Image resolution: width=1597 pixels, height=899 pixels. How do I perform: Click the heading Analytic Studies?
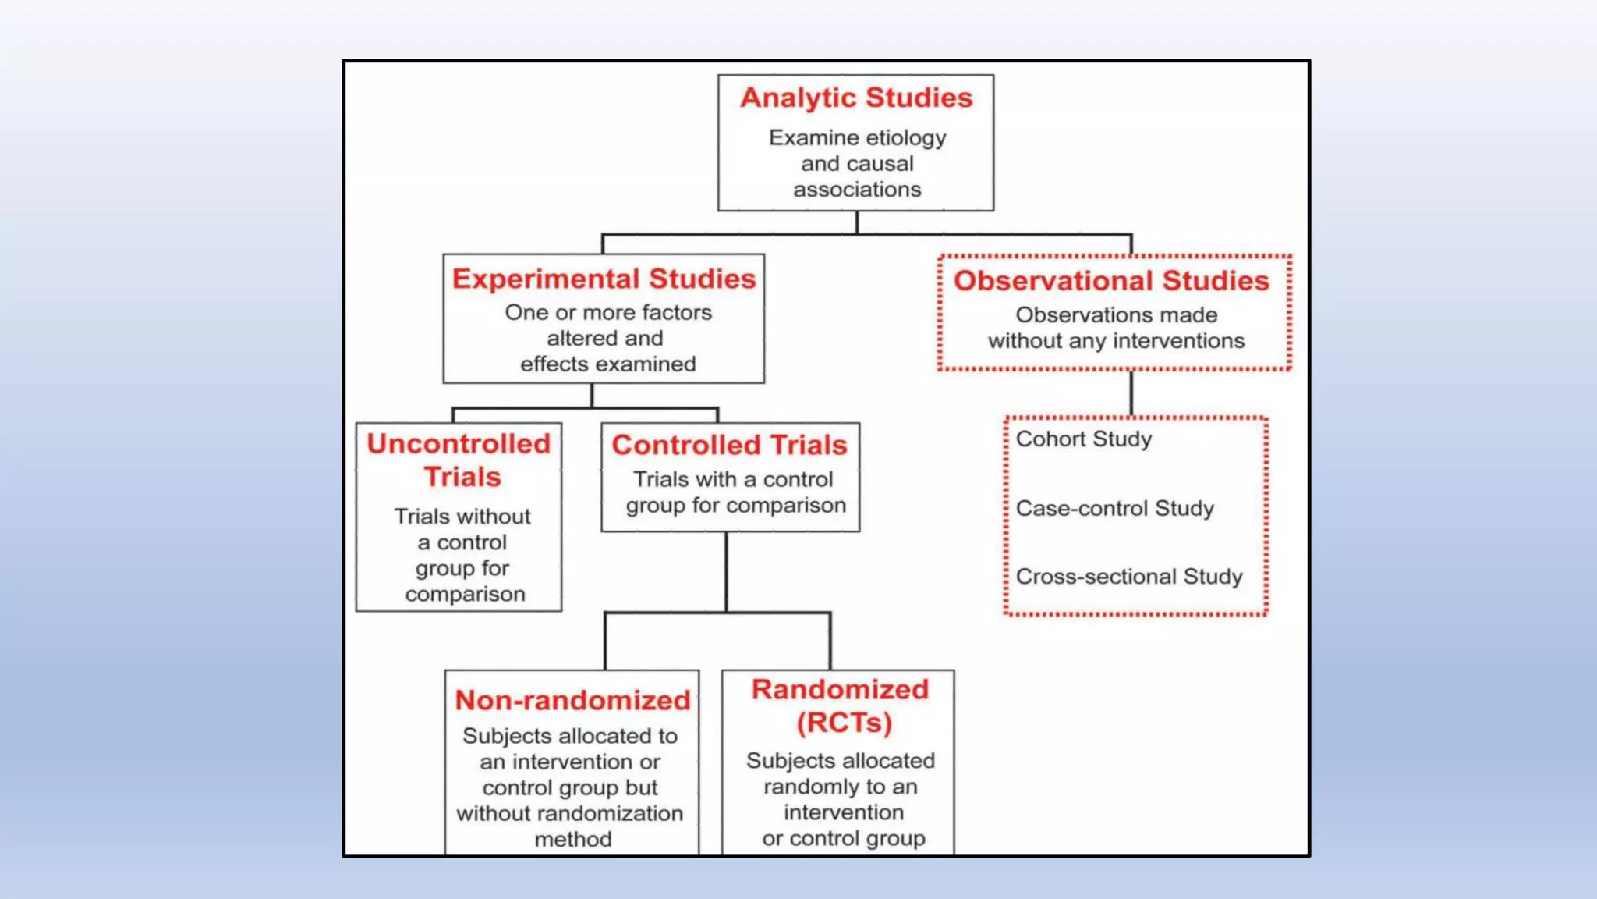pyautogui.click(x=856, y=98)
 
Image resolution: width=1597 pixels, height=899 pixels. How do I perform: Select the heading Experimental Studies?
pyautogui.click(x=604, y=279)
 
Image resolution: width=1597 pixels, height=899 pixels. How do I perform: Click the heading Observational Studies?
pyautogui.click(x=1111, y=281)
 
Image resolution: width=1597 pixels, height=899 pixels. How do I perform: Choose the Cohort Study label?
pyautogui.click(x=1083, y=439)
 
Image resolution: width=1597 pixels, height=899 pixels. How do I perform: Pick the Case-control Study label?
pyautogui.click(x=1114, y=509)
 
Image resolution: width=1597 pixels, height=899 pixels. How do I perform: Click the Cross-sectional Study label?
pyautogui.click(x=1128, y=577)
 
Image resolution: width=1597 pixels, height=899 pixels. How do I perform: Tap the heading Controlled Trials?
pyautogui.click(x=729, y=445)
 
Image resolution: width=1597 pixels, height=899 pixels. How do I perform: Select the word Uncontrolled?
pyautogui.click(x=459, y=443)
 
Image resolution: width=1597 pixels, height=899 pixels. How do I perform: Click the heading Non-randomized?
pyautogui.click(x=572, y=700)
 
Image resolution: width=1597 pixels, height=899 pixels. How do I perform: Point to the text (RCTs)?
pyautogui.click(x=844, y=723)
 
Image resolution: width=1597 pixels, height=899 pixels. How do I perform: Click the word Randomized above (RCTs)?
pyautogui.click(x=840, y=689)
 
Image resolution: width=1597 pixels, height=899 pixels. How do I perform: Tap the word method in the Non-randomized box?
pyautogui.click(x=572, y=840)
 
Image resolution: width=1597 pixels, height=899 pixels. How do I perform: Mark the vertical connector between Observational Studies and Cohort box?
pyautogui.click(x=1131, y=393)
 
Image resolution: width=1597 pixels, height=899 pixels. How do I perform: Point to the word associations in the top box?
pyautogui.click(x=857, y=190)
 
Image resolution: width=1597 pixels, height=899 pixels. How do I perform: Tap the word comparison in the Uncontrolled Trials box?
pyautogui.click(x=465, y=595)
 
